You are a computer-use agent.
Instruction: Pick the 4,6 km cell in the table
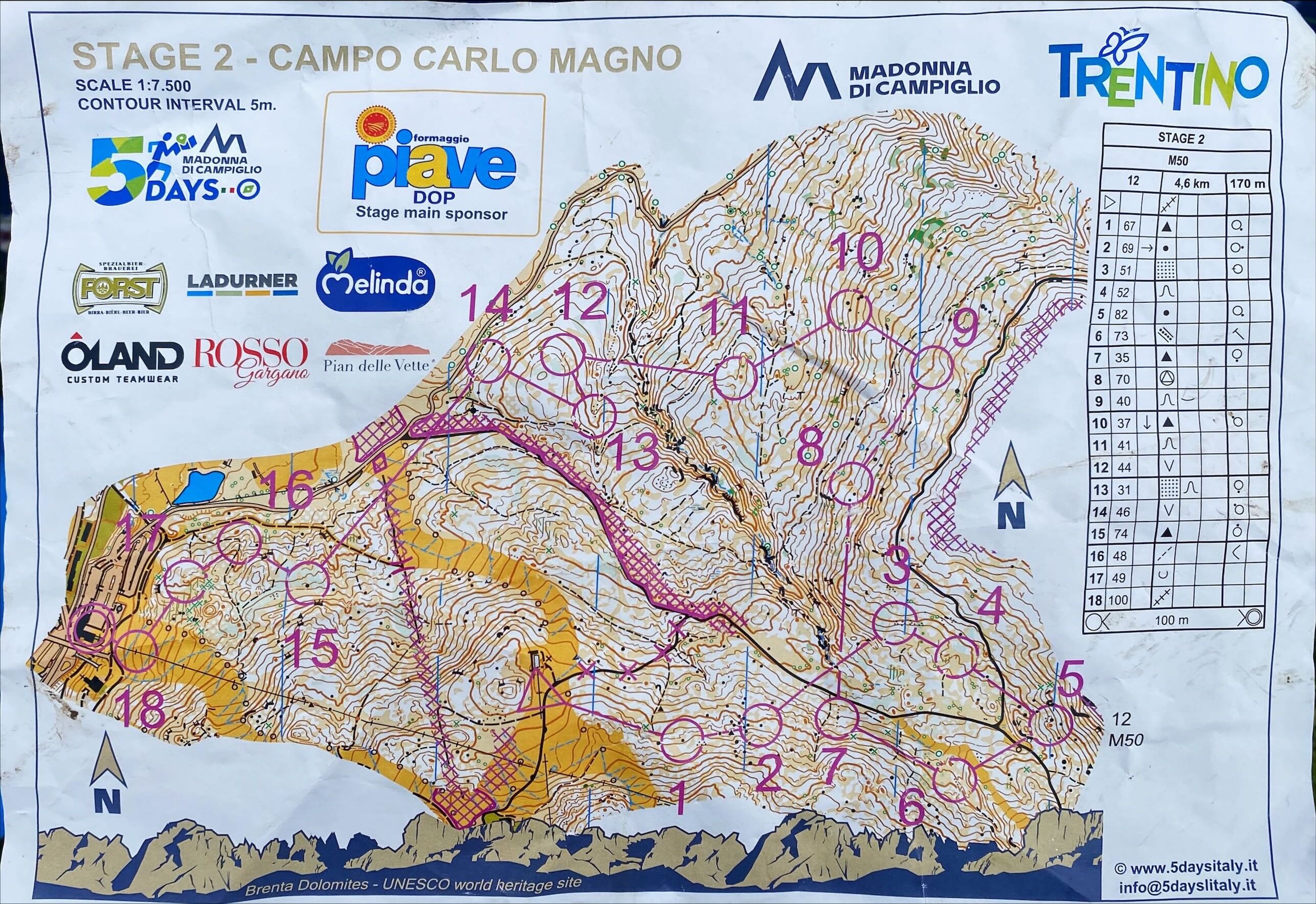[1191, 183]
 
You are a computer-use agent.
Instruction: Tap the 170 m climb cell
[1244, 183]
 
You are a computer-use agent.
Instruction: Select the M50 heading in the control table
[1177, 161]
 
